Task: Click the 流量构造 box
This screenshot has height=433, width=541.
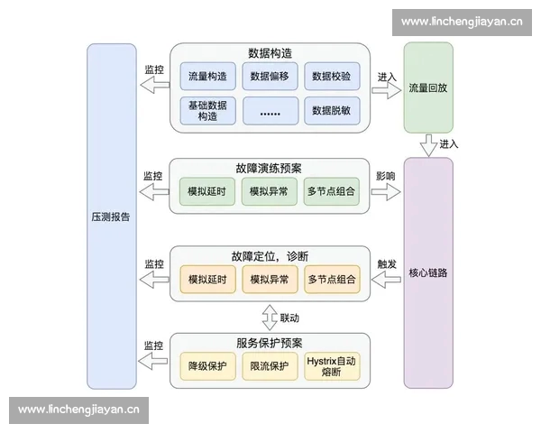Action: click(207, 76)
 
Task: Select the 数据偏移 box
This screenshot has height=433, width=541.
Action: click(270, 76)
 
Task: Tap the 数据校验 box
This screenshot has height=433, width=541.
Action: click(332, 76)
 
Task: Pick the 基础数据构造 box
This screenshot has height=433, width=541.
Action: click(207, 111)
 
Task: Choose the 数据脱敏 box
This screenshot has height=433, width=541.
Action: click(332, 111)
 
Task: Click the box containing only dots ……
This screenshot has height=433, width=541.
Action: click(270, 111)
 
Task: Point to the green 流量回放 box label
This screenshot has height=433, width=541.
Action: click(427, 88)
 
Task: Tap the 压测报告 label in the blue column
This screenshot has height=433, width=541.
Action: click(111, 216)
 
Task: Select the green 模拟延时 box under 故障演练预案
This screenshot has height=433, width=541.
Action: click(207, 192)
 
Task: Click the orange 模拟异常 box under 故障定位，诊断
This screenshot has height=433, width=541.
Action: click(270, 280)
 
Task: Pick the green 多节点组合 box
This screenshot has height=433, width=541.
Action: click(332, 192)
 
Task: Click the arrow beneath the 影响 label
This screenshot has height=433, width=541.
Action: click(386, 193)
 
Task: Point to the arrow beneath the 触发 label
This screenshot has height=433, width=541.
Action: click(386, 281)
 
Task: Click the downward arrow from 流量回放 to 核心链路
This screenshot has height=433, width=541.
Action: click(427, 144)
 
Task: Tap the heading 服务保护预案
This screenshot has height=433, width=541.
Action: click(270, 344)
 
